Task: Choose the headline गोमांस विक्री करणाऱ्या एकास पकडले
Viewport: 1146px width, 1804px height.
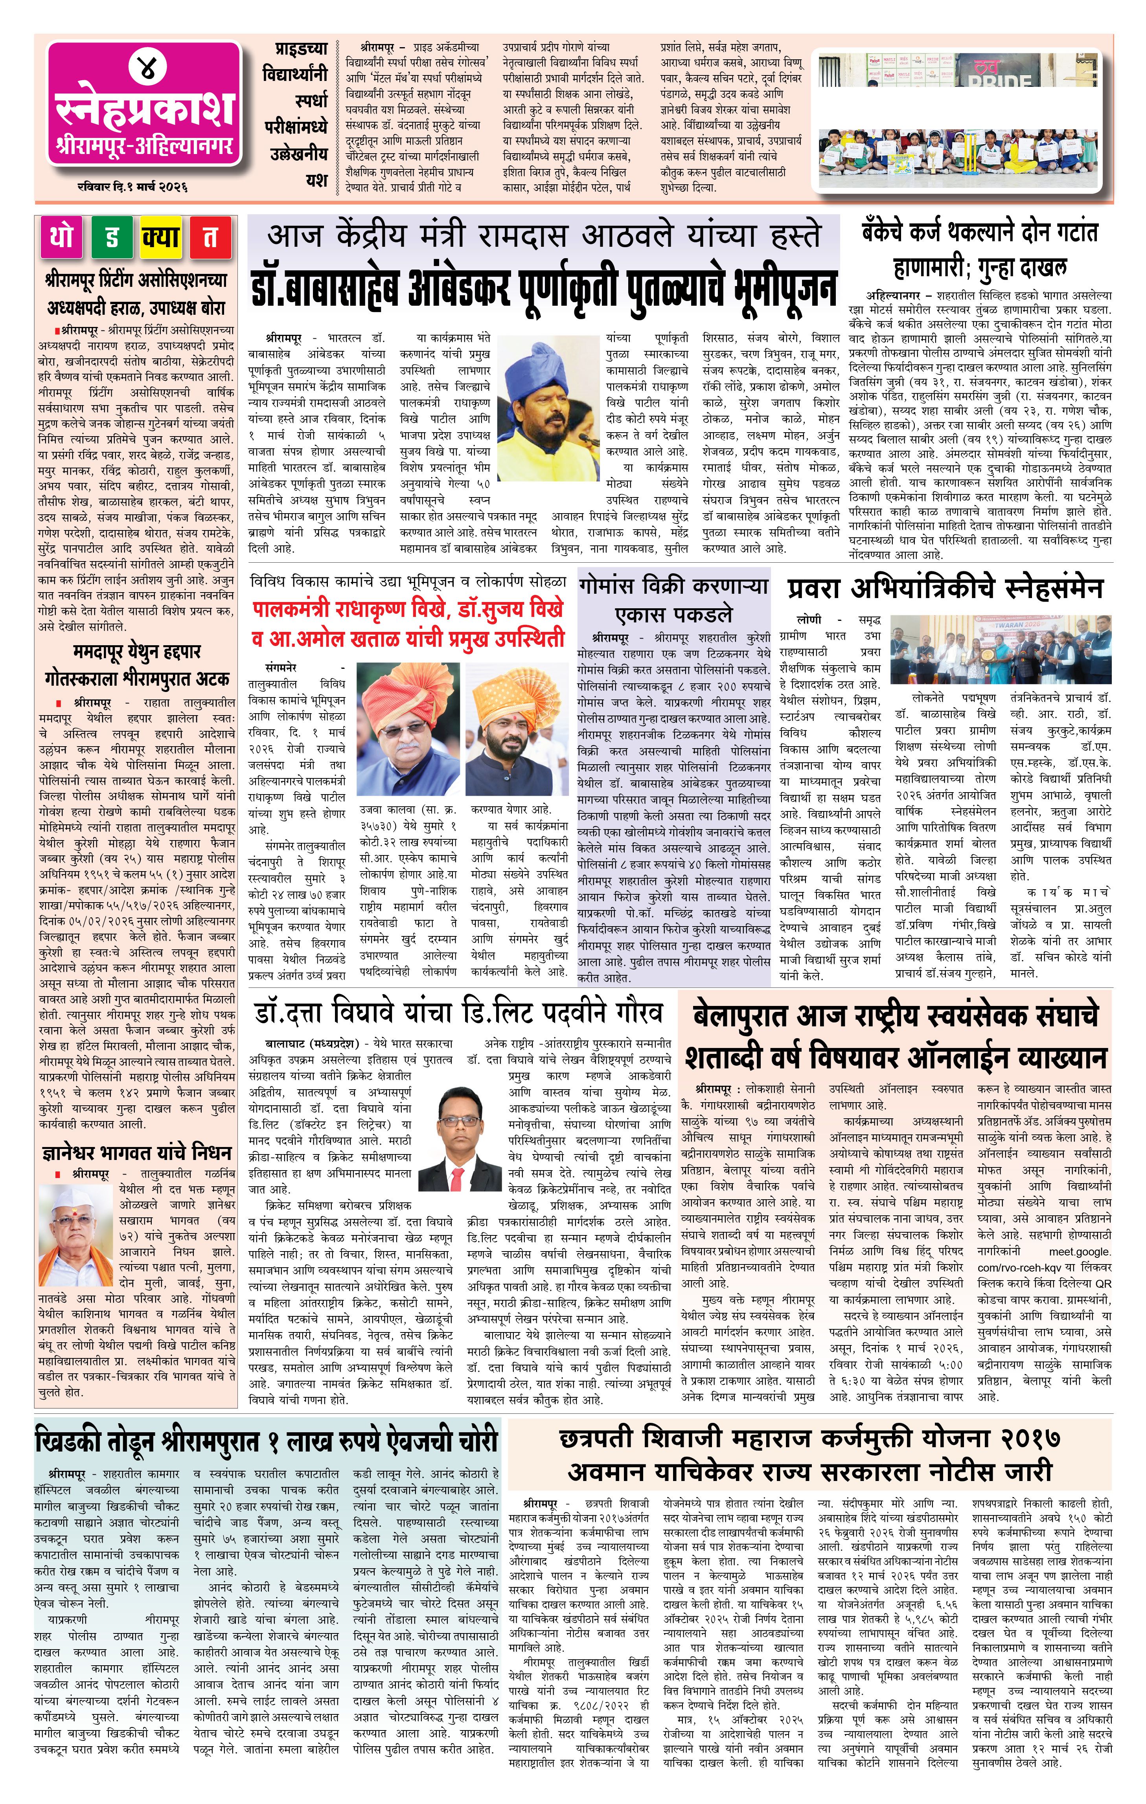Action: click(x=673, y=599)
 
